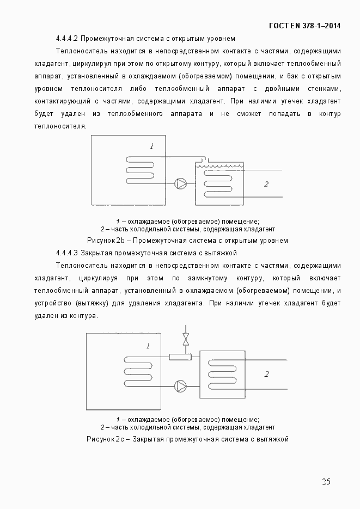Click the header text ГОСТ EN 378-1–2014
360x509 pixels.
pos(305,26)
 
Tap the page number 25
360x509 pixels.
pos(326,481)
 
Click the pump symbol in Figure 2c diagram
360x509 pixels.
pos(180,385)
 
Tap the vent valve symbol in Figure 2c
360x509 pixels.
pos(186,339)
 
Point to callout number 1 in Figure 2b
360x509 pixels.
pos(152,146)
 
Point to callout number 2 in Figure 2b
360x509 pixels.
pos(266,184)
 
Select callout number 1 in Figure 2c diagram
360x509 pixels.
pos(147,346)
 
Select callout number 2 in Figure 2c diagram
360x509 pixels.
pos(266,374)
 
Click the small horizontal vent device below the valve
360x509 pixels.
pos(180,357)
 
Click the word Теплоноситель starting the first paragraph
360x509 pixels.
pos(80,52)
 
